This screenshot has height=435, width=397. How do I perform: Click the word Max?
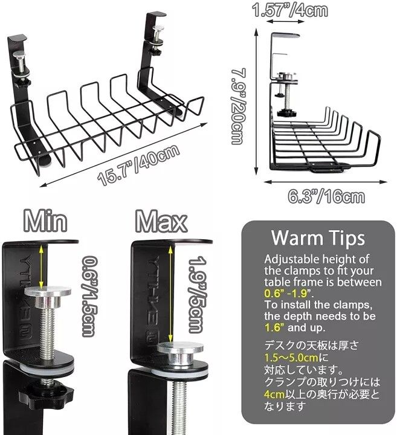161,221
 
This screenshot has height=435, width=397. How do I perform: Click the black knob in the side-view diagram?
286,113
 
